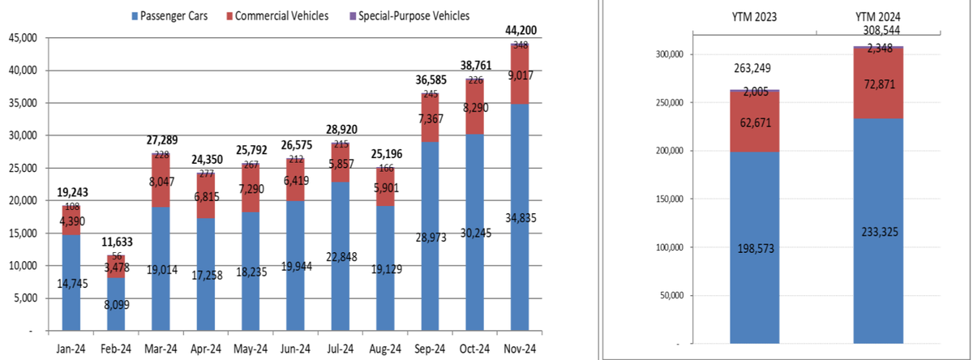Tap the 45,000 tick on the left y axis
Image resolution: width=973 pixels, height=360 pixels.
23,38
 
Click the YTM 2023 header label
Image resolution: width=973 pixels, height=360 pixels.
754,17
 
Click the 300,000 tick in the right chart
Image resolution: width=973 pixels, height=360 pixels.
669,54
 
